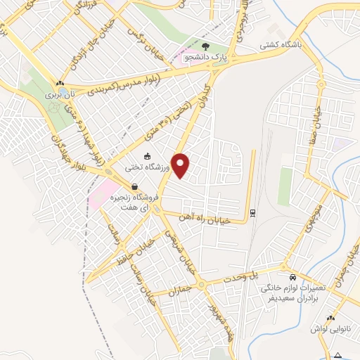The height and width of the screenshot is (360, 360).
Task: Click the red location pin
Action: [182, 165]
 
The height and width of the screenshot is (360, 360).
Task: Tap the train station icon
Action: [252, 212]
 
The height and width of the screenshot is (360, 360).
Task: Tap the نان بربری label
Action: [60, 94]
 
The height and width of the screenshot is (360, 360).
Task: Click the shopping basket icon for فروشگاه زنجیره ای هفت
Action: [134, 186]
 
